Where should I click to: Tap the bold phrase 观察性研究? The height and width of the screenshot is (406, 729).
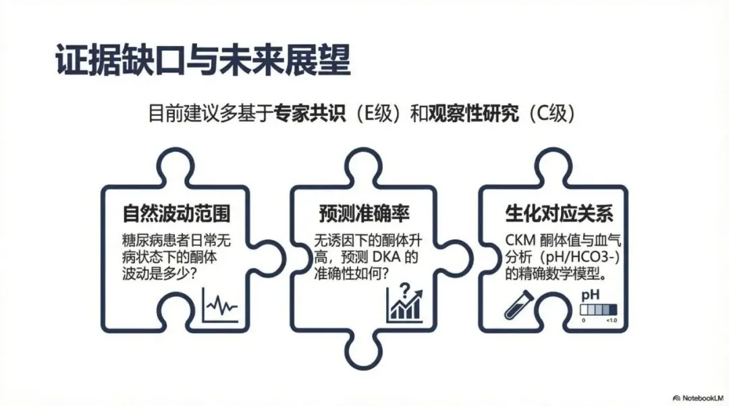pyautogui.click(x=474, y=113)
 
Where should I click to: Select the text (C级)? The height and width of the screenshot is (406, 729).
pyautogui.click(x=551, y=113)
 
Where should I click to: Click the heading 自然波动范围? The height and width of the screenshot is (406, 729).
pyautogui.click(x=176, y=214)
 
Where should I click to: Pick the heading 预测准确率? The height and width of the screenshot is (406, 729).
pyautogui.click(x=364, y=214)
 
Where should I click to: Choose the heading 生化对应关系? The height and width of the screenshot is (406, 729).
pyautogui.click(x=559, y=214)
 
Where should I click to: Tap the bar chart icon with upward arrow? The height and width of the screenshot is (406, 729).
pyautogui.click(x=404, y=307)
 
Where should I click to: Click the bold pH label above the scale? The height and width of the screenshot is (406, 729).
pyautogui.click(x=591, y=295)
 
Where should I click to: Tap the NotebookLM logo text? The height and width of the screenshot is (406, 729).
pyautogui.click(x=698, y=397)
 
